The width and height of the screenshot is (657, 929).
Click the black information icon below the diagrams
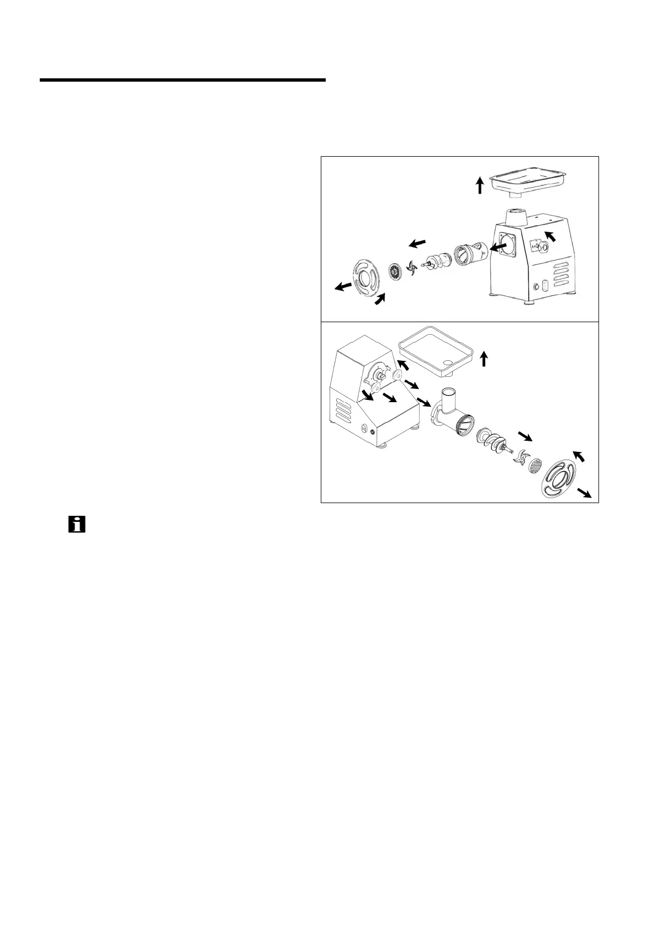coord(77,524)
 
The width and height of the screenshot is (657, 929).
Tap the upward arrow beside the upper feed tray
coord(480,185)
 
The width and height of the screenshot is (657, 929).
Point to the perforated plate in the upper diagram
coord(395,271)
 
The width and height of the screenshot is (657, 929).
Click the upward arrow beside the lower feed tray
coord(484,359)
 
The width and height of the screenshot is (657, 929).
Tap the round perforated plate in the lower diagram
coord(534,466)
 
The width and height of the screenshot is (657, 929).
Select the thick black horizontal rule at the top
coord(183,81)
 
